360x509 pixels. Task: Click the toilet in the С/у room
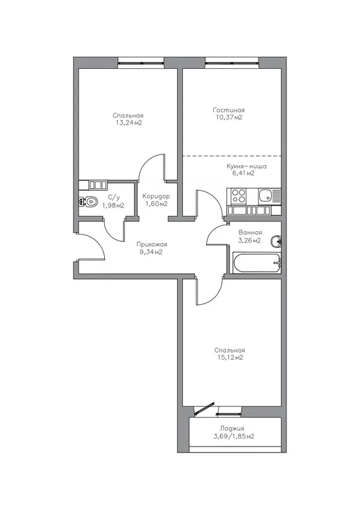tap(90, 201)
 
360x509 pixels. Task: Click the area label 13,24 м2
tap(128, 123)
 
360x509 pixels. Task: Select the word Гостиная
tap(229, 110)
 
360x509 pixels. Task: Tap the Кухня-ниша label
tap(246, 167)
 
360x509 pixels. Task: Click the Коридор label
tap(156, 196)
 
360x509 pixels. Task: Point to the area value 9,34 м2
tap(150, 253)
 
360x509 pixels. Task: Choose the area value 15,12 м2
tap(229, 358)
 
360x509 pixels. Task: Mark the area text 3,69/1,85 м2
tap(233, 437)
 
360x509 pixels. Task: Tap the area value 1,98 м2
tap(113, 205)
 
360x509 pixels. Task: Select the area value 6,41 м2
tap(246, 176)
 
